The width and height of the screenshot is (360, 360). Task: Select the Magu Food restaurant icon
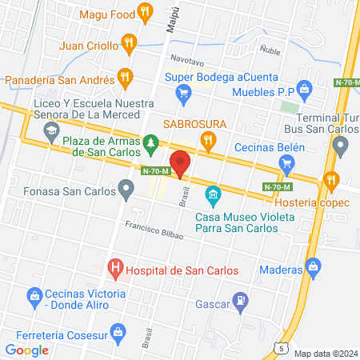[x=144, y=11]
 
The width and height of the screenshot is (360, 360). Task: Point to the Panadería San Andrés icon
[x=123, y=78]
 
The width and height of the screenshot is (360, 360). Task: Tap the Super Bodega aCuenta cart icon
[x=184, y=93]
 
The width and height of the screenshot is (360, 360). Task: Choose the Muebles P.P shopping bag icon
[x=304, y=87]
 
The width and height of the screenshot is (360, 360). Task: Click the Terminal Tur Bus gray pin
[x=341, y=146]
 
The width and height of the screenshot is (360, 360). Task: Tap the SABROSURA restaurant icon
[x=209, y=142]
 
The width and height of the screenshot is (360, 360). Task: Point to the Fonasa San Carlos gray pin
[x=126, y=190]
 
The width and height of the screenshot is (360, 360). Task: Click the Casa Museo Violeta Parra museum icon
[x=213, y=194]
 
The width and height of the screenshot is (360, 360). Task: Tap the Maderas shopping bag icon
[x=313, y=265]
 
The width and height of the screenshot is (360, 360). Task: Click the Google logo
[x=27, y=350]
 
